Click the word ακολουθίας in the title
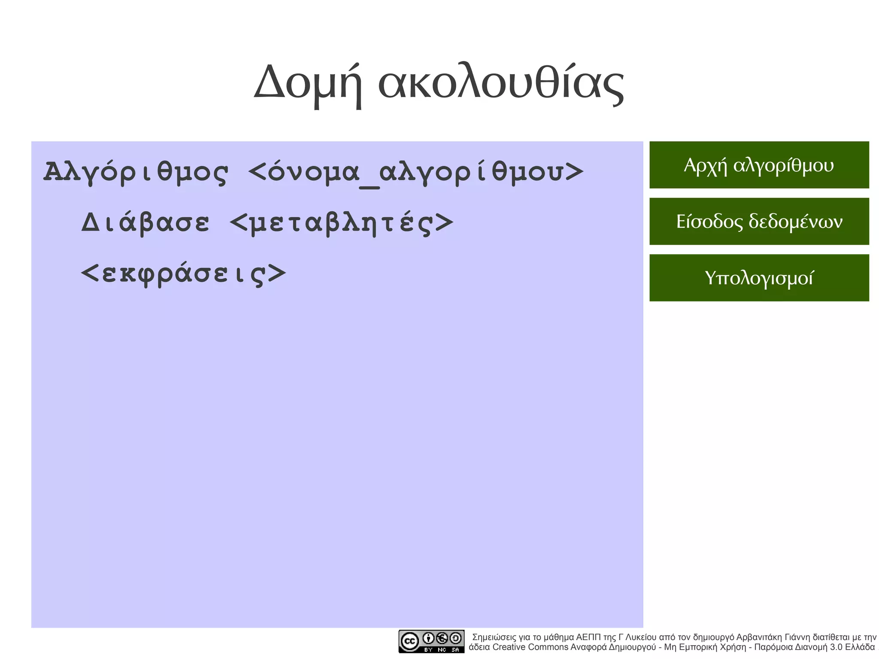pyautogui.click(x=500, y=82)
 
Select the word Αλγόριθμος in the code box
pyautogui.click(x=136, y=172)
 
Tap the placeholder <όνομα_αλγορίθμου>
pyautogui.click(x=416, y=172)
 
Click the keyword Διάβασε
pyautogui.click(x=145, y=222)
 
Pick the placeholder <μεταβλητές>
pyautogui.click(x=342, y=222)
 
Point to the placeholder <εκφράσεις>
pyautogui.click(x=183, y=273)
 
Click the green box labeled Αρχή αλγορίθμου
pyautogui.click(x=759, y=165)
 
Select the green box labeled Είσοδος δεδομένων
pyautogui.click(x=759, y=221)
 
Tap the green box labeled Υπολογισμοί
pyautogui.click(x=759, y=278)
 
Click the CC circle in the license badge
pyautogui.click(x=409, y=642)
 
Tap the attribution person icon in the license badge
pyautogui.click(x=428, y=638)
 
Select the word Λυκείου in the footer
pyautogui.click(x=641, y=637)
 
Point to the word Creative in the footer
pyautogui.click(x=509, y=647)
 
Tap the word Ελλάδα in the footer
pyautogui.click(x=860, y=647)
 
